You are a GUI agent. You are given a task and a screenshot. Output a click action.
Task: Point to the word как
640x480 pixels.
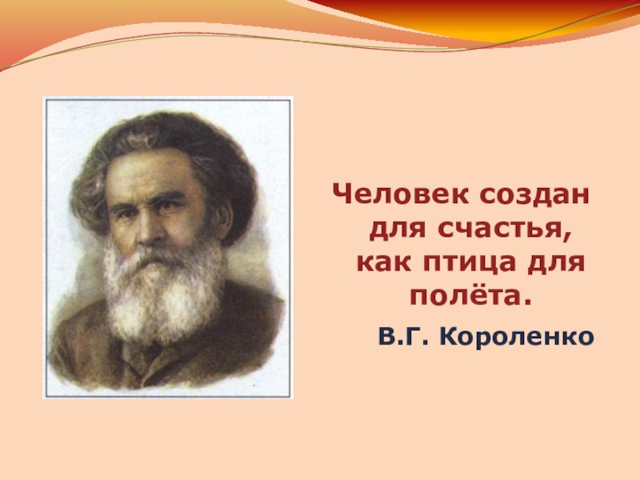(384, 262)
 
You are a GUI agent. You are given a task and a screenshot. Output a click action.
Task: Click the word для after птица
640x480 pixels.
(556, 263)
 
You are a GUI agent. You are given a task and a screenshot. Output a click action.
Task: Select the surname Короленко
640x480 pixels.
(516, 337)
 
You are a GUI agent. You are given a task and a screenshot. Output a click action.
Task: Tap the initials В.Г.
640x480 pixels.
(403, 337)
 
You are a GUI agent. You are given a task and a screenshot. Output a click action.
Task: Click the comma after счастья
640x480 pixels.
(566, 237)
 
